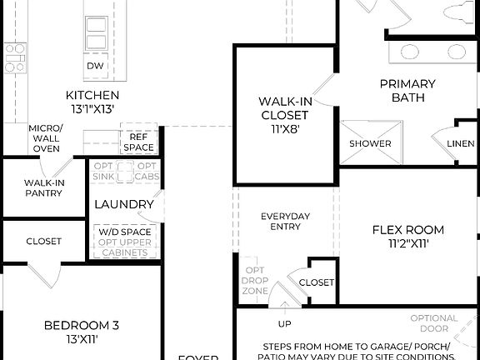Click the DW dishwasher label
(x=95, y=66)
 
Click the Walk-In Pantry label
(x=45, y=188)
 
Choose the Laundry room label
(x=124, y=204)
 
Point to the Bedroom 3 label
(x=82, y=332)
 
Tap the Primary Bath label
(x=407, y=90)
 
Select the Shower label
(x=370, y=143)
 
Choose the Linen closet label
(x=460, y=143)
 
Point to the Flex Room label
(x=407, y=237)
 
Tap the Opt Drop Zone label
(x=254, y=281)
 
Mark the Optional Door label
(x=433, y=323)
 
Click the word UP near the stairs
(x=284, y=323)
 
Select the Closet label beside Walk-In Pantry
(x=43, y=242)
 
